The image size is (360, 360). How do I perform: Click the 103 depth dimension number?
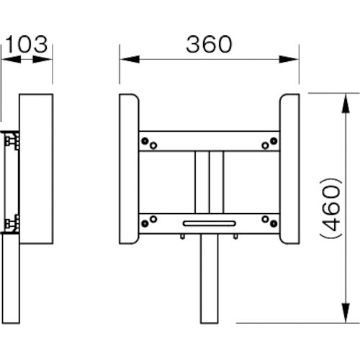click(30, 44)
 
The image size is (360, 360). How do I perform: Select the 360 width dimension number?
click(208, 44)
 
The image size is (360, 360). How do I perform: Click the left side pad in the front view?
click(130, 171)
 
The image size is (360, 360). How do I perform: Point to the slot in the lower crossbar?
click(209, 224)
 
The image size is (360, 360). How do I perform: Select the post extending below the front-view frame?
click(209, 281)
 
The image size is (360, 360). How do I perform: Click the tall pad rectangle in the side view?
click(37, 171)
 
